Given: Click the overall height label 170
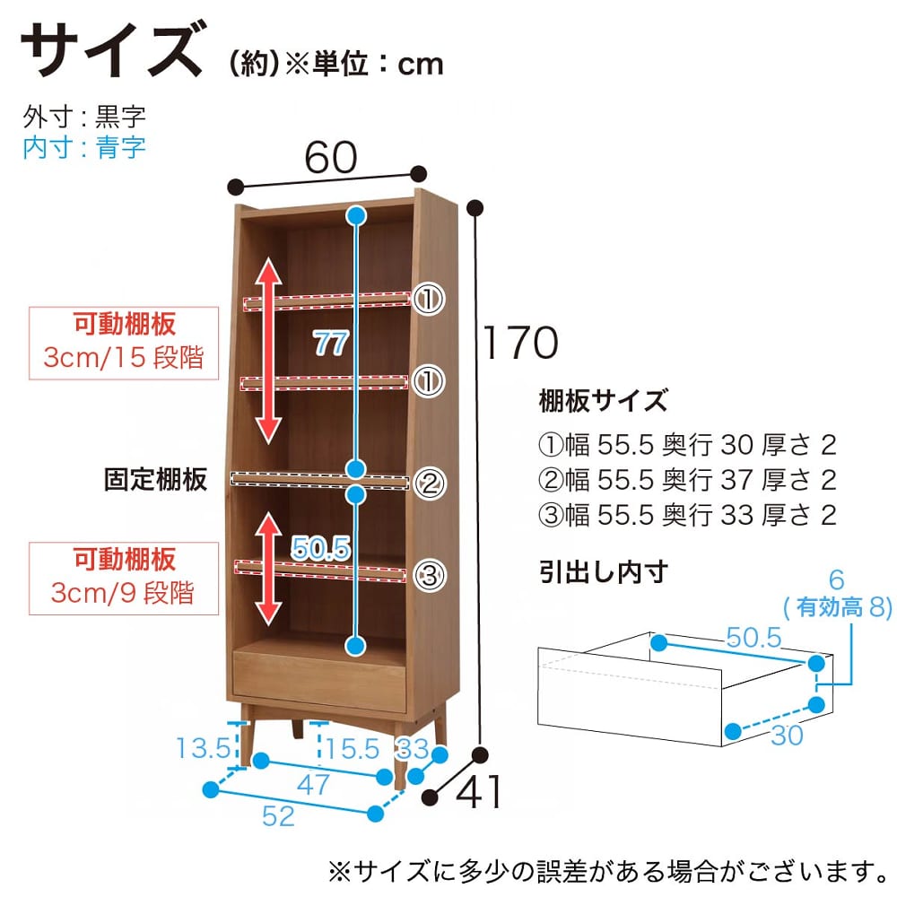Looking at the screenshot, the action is [x=520, y=342].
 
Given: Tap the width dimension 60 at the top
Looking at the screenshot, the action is [x=331, y=157].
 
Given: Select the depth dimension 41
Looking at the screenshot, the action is [x=479, y=791].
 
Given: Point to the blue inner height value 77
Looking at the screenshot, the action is [x=331, y=344].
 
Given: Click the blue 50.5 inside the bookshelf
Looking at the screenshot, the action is [x=320, y=548].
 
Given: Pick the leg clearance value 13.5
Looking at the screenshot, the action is [x=204, y=748].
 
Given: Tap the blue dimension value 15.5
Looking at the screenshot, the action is [x=353, y=748].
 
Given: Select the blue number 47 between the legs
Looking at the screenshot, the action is [x=313, y=784].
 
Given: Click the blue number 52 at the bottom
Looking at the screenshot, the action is [x=279, y=815].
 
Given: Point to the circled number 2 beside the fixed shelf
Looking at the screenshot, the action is [x=430, y=483].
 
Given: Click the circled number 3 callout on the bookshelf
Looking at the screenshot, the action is [x=430, y=575].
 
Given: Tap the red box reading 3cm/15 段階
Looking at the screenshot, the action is [x=124, y=344].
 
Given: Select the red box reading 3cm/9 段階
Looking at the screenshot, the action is [x=124, y=579].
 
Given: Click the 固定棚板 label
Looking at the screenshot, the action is [x=155, y=479].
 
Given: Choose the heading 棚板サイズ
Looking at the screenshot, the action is [x=603, y=400].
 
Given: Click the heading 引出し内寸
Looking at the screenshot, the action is [x=603, y=572].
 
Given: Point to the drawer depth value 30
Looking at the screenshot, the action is [x=788, y=736].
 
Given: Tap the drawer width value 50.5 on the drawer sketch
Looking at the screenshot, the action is [x=753, y=637].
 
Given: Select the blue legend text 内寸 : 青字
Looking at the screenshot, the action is [x=84, y=148].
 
